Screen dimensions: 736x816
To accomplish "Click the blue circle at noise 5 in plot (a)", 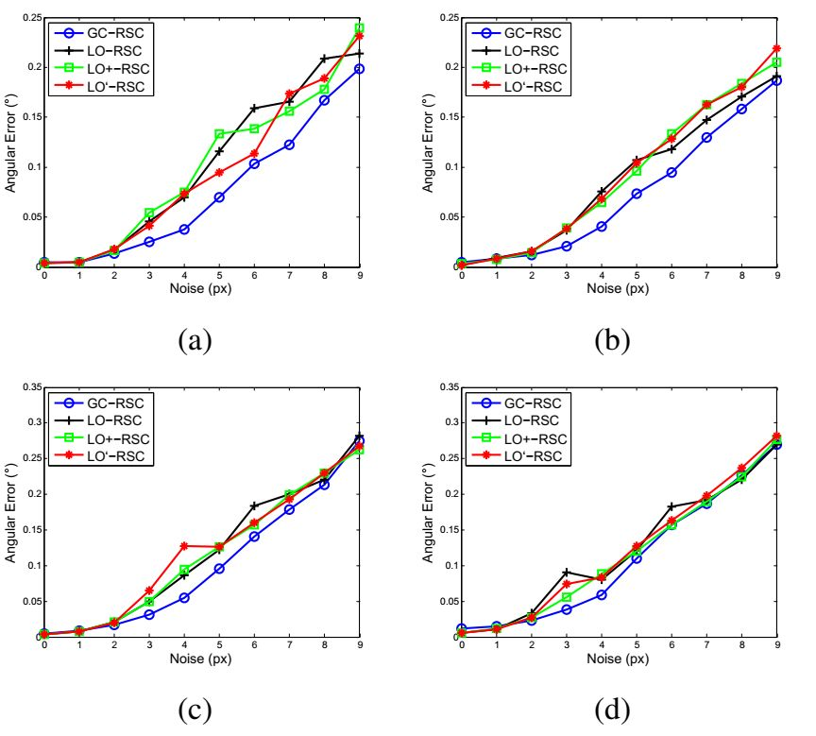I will point(219,197).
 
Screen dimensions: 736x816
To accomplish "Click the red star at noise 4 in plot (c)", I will point(184,546).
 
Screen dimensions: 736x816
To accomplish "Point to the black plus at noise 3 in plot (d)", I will point(566,573).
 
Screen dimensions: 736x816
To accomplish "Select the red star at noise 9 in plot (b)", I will point(776,48).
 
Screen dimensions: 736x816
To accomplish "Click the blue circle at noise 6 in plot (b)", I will point(671,173).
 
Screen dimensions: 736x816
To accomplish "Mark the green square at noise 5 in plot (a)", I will point(219,134).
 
